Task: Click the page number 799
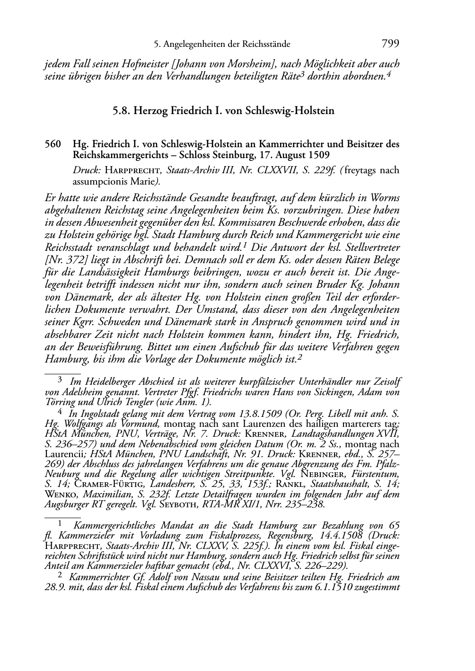pyautogui.click(x=390, y=44)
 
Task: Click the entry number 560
pyautogui.click(x=53, y=144)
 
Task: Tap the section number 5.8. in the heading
pyautogui.click(x=122, y=111)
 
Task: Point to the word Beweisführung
pyautogui.click(x=97, y=347)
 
